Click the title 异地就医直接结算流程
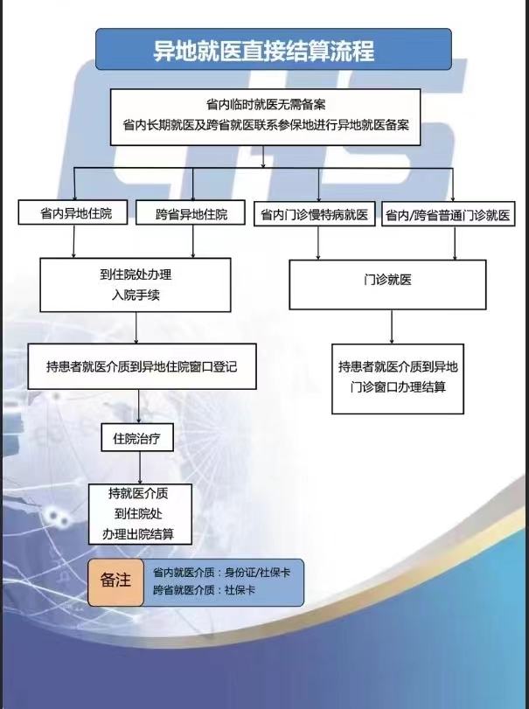[x=263, y=50]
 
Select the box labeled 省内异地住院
[x=73, y=212]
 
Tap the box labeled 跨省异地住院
[x=191, y=213]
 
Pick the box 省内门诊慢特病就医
[x=314, y=214]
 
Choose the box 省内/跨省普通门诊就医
[x=448, y=214]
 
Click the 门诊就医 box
[x=387, y=284]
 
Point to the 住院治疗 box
[x=137, y=437]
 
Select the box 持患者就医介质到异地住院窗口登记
[x=142, y=366]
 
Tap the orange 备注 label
[x=115, y=582]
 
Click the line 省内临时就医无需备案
[x=266, y=105]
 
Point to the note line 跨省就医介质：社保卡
[x=204, y=590]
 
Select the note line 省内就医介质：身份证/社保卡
[x=221, y=573]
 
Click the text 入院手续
[x=136, y=295]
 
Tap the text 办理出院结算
[x=138, y=534]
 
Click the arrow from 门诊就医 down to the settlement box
[x=392, y=327]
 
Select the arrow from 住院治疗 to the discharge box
[x=140, y=468]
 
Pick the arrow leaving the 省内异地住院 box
[x=73, y=241]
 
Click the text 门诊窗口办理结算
[x=398, y=387]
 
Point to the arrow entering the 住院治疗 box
[x=139, y=407]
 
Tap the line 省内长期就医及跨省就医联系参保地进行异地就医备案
[x=266, y=125]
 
